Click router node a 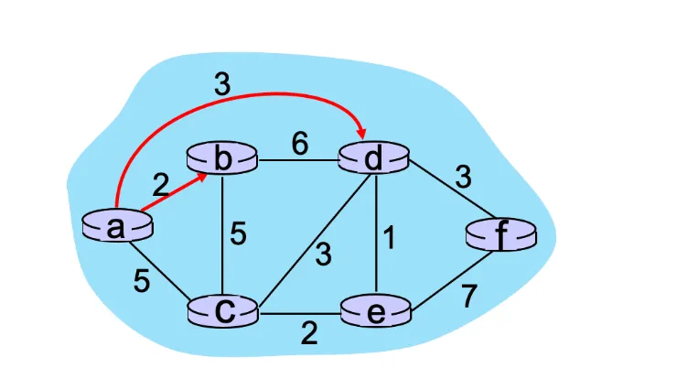pyautogui.click(x=116, y=226)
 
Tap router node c pyautogui.click(x=223, y=311)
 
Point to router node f pyautogui.click(x=499, y=236)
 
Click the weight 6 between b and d pyautogui.click(x=299, y=143)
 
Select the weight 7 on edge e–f pyautogui.click(x=468, y=297)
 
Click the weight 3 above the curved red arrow pyautogui.click(x=222, y=86)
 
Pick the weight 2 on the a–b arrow pyautogui.click(x=161, y=186)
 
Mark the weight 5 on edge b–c pyautogui.click(x=238, y=234)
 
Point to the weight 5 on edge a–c pyautogui.click(x=142, y=281)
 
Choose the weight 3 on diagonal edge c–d pyautogui.click(x=322, y=254)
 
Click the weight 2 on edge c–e pyautogui.click(x=309, y=333)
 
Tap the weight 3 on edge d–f pyautogui.click(x=464, y=176)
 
